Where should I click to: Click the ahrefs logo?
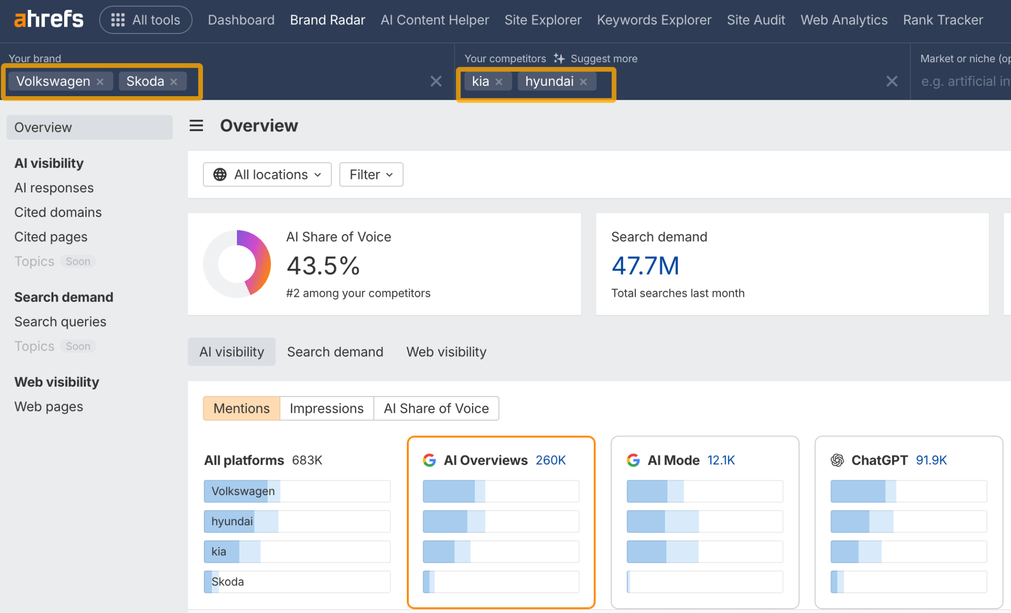coord(48,20)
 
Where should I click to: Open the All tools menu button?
coord(146,20)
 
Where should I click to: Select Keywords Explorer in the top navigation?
coord(654,20)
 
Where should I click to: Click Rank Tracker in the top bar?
coord(942,20)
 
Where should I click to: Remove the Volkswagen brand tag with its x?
coord(100,82)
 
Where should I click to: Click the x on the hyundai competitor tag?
coord(583,82)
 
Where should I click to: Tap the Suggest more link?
coord(603,59)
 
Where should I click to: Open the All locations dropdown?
coord(267,175)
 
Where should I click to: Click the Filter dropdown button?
coord(371,175)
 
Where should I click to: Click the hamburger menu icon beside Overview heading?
coord(196,126)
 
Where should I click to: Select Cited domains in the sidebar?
coord(58,212)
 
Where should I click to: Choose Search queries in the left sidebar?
coord(60,322)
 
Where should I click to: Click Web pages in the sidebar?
coord(48,406)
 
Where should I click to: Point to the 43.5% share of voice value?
coord(323,266)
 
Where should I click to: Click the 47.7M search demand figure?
coord(645,266)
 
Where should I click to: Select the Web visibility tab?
coord(446,352)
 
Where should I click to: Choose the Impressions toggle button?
coord(326,408)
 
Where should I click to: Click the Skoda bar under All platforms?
coord(297,581)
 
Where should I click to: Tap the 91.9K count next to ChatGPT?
coord(931,460)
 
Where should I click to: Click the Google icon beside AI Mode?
coord(633,460)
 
